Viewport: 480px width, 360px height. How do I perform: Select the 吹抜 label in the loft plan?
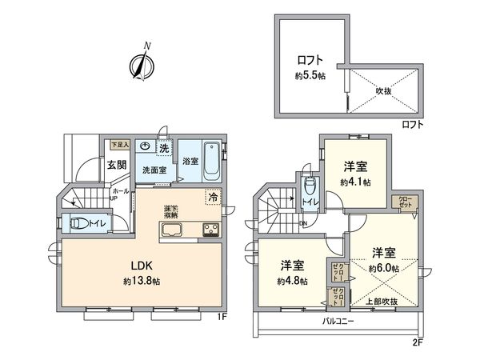[x=385, y=91]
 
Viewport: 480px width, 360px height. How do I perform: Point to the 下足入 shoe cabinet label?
[x=118, y=145]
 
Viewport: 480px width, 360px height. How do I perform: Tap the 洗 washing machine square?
[x=163, y=148]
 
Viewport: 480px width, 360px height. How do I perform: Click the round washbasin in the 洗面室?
[x=144, y=146]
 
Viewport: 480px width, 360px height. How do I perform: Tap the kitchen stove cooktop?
[x=211, y=231]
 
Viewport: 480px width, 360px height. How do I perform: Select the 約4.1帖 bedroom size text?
[x=355, y=182]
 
